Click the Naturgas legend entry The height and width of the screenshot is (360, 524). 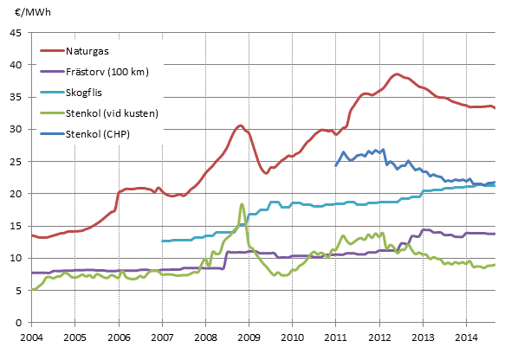pos(89,49)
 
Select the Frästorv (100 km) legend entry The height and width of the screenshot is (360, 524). pos(107,71)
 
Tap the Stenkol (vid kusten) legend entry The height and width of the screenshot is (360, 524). pos(111,113)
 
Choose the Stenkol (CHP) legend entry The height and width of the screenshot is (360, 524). pos(98,134)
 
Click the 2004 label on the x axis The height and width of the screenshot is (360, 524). pos(31,336)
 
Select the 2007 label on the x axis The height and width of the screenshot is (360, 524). pos(162,336)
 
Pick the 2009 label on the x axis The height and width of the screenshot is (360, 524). pos(249,336)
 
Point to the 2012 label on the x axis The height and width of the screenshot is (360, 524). pos(379,336)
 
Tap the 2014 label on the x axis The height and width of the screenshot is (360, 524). pos(467,336)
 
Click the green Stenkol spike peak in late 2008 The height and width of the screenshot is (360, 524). pos(242,204)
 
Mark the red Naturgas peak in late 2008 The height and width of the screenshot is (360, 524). pos(241,125)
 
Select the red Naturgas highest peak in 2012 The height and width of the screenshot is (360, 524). pos(397,74)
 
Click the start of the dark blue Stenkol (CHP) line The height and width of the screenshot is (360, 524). pos(336,164)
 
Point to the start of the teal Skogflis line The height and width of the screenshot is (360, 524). pos(162,241)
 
